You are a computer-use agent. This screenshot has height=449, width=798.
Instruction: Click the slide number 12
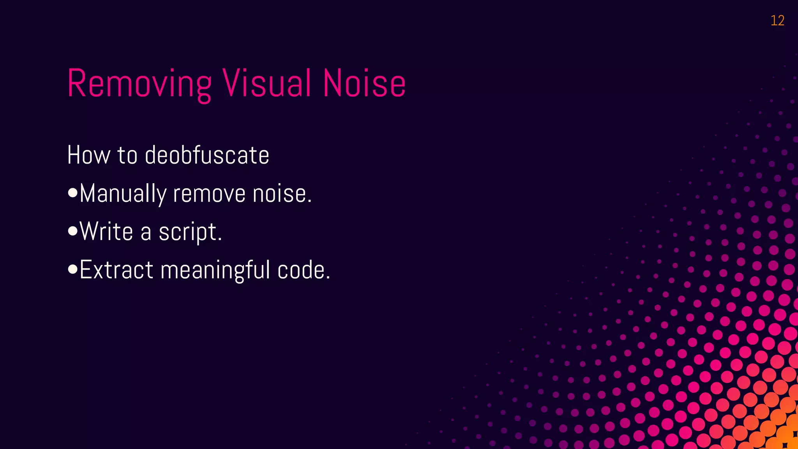(777, 21)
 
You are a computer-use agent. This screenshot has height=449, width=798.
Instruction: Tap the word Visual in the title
(267, 83)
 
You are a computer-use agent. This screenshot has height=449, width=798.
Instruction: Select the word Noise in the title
(364, 83)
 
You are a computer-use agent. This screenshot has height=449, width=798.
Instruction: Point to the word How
(89, 155)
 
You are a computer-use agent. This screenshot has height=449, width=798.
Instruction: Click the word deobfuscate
(207, 155)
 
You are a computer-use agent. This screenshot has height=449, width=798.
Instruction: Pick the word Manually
(123, 194)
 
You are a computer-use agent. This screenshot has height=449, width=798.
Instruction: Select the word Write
(106, 232)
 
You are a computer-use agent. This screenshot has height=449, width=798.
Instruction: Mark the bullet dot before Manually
(72, 193)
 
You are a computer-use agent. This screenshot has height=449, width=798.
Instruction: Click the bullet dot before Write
(72, 232)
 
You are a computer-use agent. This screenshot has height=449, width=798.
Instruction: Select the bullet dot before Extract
(72, 270)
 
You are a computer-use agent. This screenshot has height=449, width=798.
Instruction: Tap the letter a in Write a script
(146, 233)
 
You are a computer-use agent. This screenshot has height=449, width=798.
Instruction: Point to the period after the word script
(220, 239)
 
